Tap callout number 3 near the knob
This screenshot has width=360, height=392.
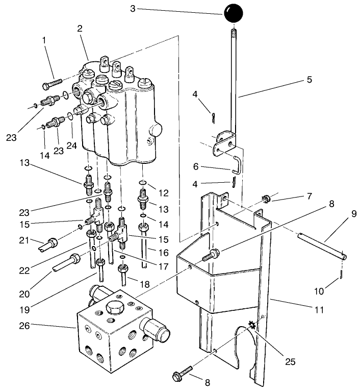133,9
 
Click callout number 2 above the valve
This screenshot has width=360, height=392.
80,29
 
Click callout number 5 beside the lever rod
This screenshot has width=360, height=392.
308,80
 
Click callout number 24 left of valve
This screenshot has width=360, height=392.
72,146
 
